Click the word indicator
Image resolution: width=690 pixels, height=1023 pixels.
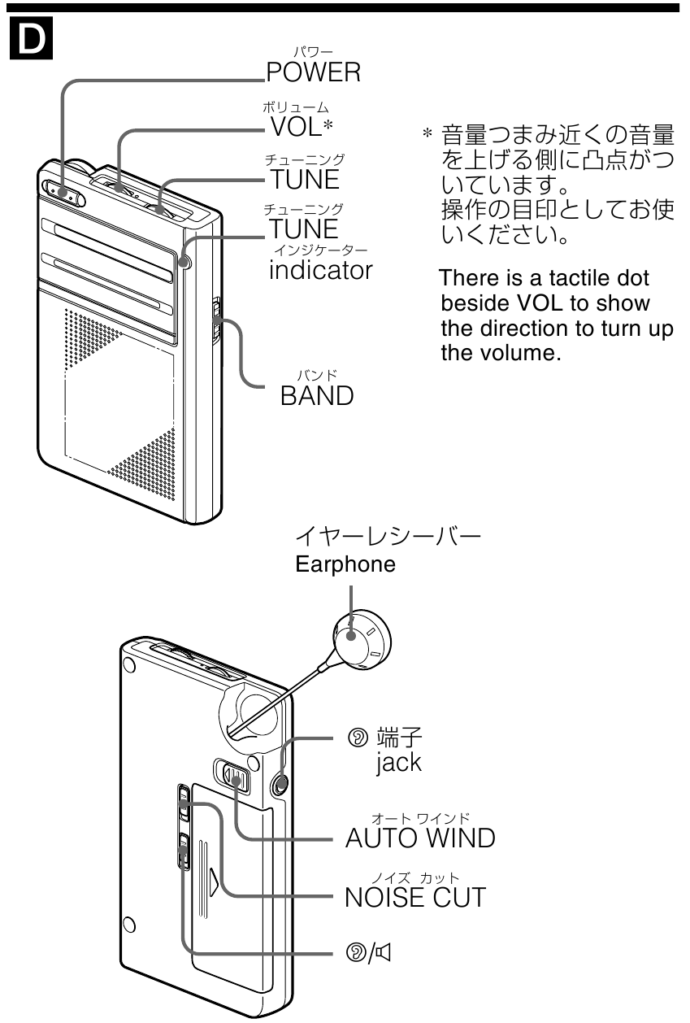click(x=320, y=269)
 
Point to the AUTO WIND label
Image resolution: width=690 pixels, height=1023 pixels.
click(x=419, y=838)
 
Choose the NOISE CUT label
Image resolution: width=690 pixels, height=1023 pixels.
click(x=415, y=897)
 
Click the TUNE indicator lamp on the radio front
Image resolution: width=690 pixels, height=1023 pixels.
click(x=187, y=262)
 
